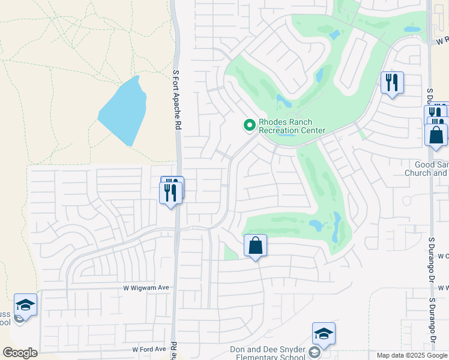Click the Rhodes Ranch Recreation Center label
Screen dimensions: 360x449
[292, 126]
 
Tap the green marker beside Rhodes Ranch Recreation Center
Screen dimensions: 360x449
[249, 125]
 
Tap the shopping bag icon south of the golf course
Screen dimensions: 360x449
[255, 245]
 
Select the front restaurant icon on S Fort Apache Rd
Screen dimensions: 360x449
[170, 193]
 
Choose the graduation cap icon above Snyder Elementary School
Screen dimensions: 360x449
[324, 334]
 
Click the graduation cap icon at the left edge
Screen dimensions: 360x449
[25, 305]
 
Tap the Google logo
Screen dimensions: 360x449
[20, 353]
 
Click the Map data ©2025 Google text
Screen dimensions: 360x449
[412, 355]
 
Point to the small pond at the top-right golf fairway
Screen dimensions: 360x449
[412, 29]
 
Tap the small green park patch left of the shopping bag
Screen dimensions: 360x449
[231, 254]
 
